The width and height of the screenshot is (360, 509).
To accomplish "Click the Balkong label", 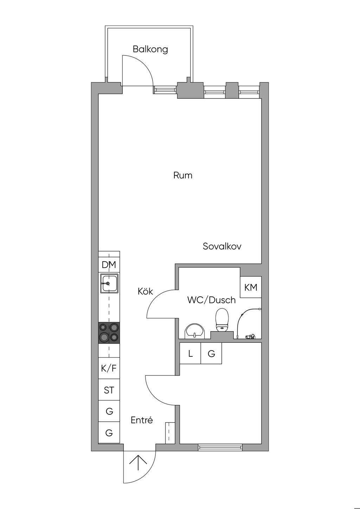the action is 150,49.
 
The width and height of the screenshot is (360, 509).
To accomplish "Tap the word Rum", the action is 183,175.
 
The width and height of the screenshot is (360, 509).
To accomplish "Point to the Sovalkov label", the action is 222,246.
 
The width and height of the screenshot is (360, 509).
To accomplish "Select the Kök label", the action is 146,291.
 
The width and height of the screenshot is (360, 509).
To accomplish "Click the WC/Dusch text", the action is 211,300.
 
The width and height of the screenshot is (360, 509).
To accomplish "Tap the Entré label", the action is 142,420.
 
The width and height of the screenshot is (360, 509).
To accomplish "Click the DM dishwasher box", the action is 109,264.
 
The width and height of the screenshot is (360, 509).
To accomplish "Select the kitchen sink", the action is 109,283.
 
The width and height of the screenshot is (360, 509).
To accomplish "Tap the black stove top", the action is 109,333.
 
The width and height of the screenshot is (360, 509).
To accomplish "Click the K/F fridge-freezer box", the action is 109,368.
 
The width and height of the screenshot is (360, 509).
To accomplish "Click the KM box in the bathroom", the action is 251,287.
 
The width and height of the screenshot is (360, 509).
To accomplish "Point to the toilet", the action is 222,320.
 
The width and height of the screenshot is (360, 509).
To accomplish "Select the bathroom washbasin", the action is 195,331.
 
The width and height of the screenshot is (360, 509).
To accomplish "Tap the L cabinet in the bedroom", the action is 190,353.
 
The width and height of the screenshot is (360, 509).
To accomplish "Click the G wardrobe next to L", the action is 211,353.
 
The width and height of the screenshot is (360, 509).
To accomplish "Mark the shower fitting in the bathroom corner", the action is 250,336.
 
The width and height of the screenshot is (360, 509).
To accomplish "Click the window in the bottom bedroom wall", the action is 219,447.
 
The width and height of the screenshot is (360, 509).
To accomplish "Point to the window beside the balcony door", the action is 165,90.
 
